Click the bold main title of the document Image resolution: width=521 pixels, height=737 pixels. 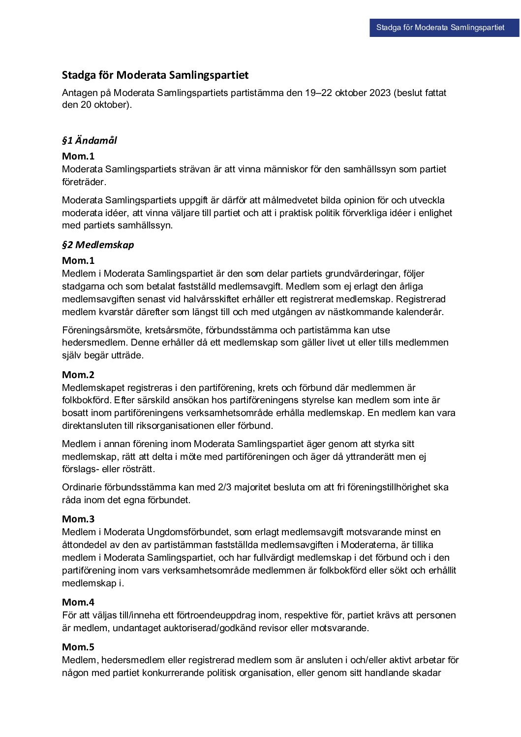(155, 75)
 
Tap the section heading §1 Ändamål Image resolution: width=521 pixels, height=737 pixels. (90, 140)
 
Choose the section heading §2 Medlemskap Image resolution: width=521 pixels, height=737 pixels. (98, 245)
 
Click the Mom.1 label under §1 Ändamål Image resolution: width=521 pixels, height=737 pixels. (78, 156)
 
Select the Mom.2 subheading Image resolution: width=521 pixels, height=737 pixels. (78, 375)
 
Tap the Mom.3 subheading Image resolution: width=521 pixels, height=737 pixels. (78, 519)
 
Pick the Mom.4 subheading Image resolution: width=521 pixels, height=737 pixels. (78, 602)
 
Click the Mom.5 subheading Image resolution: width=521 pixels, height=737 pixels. (78, 647)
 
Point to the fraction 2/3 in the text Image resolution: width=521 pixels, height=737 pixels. (224, 487)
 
